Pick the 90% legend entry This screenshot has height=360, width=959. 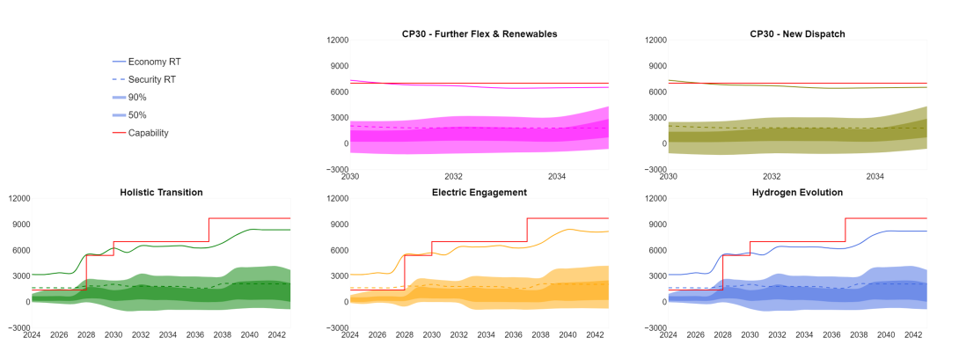click(x=137, y=97)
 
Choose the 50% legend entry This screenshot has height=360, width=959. click(x=137, y=115)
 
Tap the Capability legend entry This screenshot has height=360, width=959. click(x=148, y=133)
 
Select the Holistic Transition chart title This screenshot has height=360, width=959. click(x=161, y=192)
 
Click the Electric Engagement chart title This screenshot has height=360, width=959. click(x=479, y=192)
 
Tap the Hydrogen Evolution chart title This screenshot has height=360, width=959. click(x=797, y=192)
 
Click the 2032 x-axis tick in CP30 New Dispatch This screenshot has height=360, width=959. click(x=772, y=176)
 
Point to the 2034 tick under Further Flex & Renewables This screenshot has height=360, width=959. click(x=557, y=176)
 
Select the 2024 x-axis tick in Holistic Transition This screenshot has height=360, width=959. click(x=32, y=334)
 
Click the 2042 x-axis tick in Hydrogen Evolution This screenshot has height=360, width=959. click(x=913, y=334)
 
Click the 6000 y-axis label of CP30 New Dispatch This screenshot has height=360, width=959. click(x=655, y=92)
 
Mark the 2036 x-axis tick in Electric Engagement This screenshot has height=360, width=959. click(x=516, y=334)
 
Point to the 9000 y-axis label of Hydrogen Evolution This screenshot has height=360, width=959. click(x=655, y=224)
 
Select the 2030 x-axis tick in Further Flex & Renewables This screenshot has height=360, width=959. click(x=350, y=176)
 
